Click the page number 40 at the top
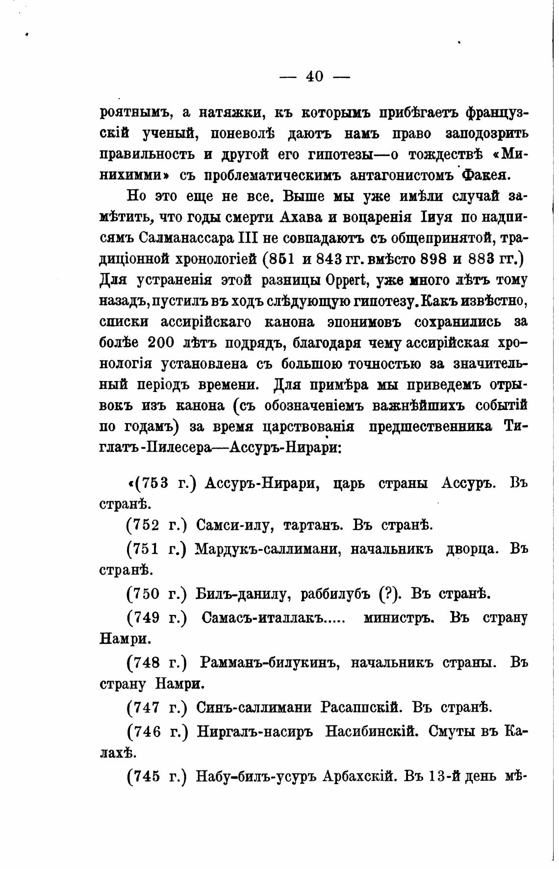tap(314, 77)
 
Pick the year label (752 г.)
tap(157, 526)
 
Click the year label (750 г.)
tap(157, 594)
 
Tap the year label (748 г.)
tap(157, 663)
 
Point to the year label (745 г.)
tap(157, 776)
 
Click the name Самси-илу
tap(232, 526)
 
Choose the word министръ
tap(399, 617)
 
